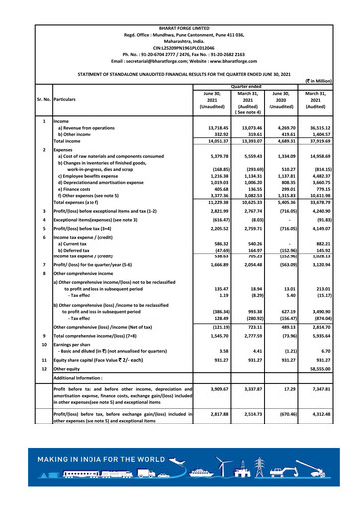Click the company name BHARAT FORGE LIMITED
179,6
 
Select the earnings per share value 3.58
197,379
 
